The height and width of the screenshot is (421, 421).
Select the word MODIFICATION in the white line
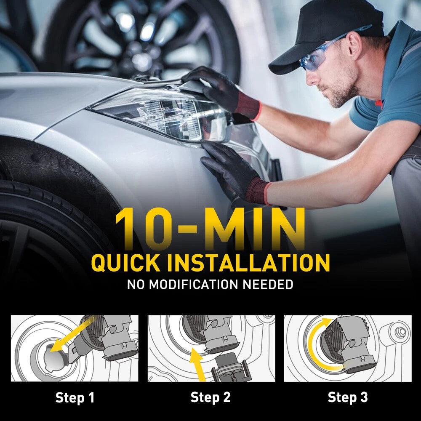point(193,285)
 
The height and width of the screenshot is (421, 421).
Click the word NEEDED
point(268,285)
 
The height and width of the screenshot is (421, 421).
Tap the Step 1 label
point(75,397)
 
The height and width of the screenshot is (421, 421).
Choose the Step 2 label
point(210,397)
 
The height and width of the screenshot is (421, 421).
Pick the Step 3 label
point(348,397)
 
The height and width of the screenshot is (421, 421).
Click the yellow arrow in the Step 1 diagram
point(72,334)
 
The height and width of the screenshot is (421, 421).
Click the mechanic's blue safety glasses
point(322,52)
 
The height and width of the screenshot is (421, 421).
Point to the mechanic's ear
point(354,44)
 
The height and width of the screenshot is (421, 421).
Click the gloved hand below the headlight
point(232,172)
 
